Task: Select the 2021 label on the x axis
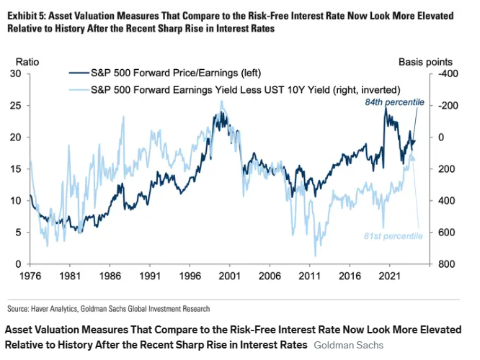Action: pyautogui.click(x=389, y=275)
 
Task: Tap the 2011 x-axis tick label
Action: pyautogui.click(x=310, y=275)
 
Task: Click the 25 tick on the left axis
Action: pyautogui.click(x=15, y=105)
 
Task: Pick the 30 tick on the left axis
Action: pyautogui.click(x=15, y=73)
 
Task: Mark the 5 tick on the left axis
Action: pyautogui.click(x=18, y=233)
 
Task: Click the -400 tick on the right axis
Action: pyautogui.click(x=448, y=73)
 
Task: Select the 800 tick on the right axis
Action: pyautogui.click(x=447, y=264)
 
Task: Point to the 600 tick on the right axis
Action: pyautogui.click(x=447, y=233)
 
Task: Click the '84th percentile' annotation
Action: pyautogui.click(x=394, y=102)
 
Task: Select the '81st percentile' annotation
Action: pyautogui.click(x=392, y=236)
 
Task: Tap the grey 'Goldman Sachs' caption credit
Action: pyautogui.click(x=349, y=345)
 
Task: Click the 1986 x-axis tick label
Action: pyautogui.click(x=111, y=275)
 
